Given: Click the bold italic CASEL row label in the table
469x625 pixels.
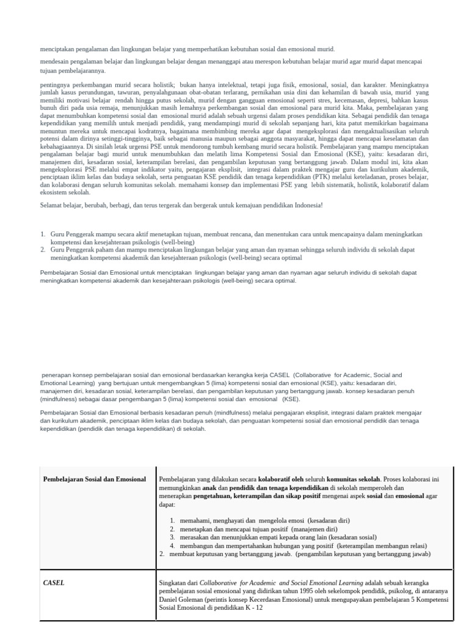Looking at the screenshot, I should (x=54, y=582).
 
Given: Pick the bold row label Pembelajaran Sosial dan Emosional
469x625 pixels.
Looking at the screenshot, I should (x=95, y=479).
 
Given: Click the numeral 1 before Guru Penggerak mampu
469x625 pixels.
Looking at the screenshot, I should (x=43, y=234).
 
